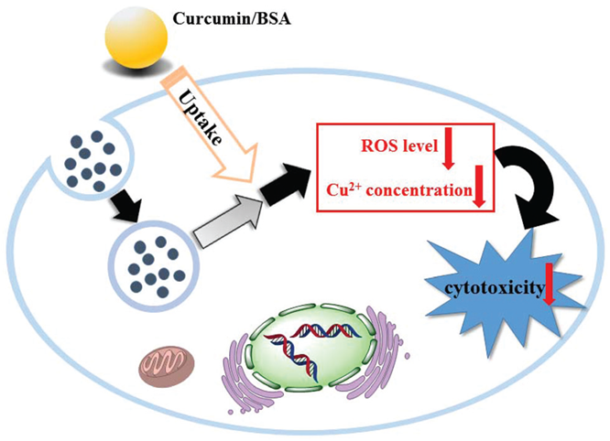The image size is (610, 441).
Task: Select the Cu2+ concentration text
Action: pyautogui.click(x=396, y=191)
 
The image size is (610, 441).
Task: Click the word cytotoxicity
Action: pyautogui.click(x=491, y=289)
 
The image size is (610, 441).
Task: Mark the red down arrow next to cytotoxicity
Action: pyautogui.click(x=549, y=284)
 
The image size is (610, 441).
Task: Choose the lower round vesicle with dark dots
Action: pyautogui.click(x=148, y=264)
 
